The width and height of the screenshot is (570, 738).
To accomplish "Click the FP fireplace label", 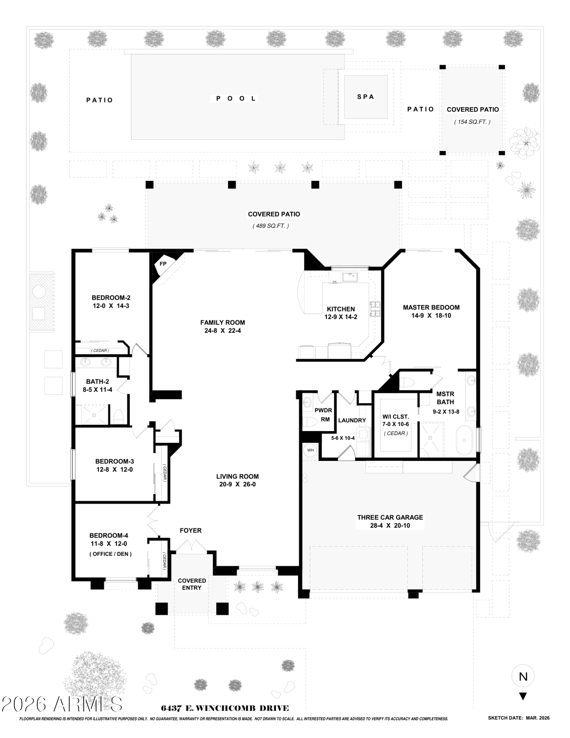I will pyautogui.click(x=163, y=264).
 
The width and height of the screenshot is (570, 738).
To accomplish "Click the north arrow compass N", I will pyautogui.click(x=523, y=676).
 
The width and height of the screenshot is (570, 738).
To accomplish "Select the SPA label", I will pyautogui.click(x=365, y=97).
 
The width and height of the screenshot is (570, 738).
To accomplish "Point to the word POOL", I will pyautogui.click(x=236, y=99).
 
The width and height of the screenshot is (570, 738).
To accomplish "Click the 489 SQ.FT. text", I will pyautogui.click(x=270, y=226).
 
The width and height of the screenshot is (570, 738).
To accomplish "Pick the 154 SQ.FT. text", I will pyautogui.click(x=472, y=122).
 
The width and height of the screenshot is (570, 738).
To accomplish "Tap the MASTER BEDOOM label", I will pyautogui.click(x=431, y=307).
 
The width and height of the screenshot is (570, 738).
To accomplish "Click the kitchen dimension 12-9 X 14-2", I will pyautogui.click(x=341, y=317).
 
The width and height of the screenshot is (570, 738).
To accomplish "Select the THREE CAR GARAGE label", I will pyautogui.click(x=390, y=517).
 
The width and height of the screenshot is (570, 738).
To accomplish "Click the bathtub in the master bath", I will pyautogui.click(x=464, y=440).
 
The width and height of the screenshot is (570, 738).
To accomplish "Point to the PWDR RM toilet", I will pyautogui.click(x=309, y=421).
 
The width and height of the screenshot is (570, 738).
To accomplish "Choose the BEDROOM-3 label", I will pyautogui.click(x=114, y=461).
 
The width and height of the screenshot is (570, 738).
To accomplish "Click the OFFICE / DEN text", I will pyautogui.click(x=110, y=554).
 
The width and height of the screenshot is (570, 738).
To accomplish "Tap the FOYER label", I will pyautogui.click(x=190, y=531).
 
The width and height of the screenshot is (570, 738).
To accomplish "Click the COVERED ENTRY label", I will pyautogui.click(x=192, y=584).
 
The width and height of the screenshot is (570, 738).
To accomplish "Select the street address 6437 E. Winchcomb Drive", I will pyautogui.click(x=225, y=708).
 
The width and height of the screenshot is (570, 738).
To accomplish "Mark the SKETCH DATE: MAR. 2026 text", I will pyautogui.click(x=518, y=718).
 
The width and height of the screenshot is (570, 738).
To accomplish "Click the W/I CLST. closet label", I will pyautogui.click(x=395, y=417).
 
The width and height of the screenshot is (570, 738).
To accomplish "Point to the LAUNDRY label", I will pyautogui.click(x=352, y=420).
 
